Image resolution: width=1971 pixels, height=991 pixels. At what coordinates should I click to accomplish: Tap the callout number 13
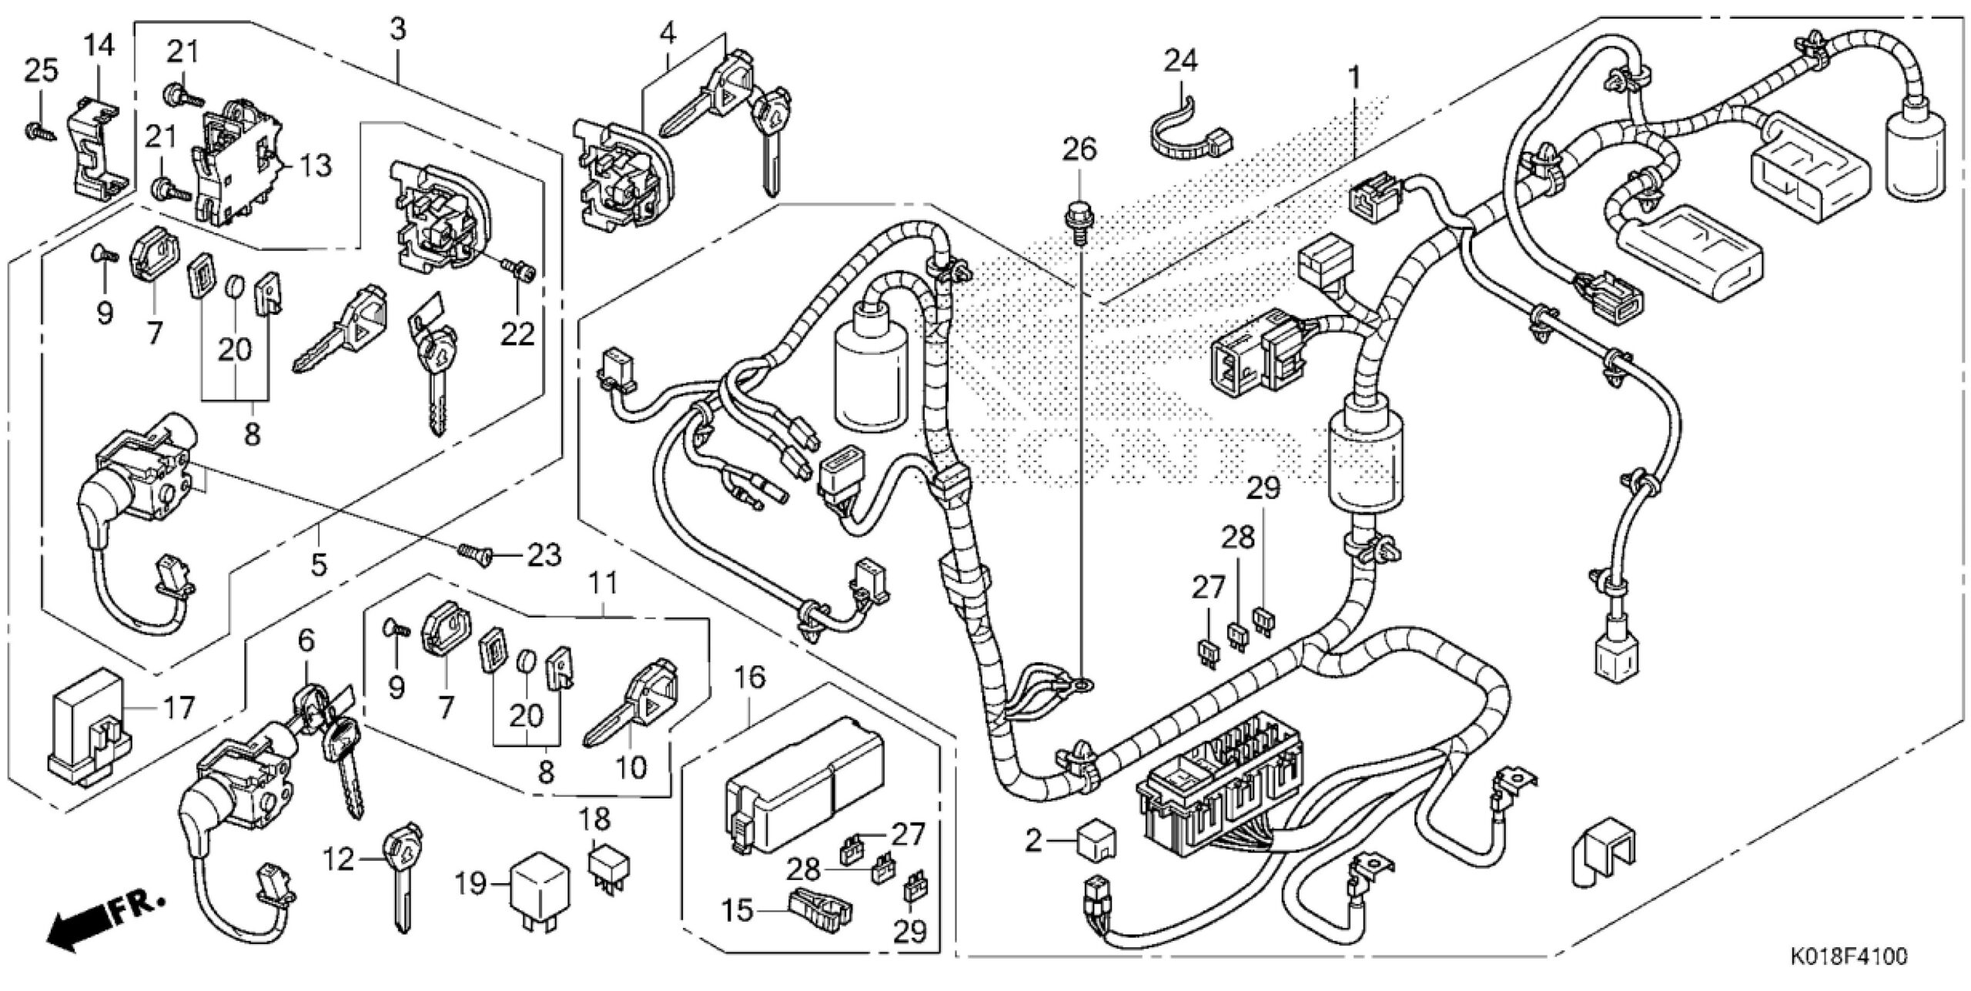pos(316,165)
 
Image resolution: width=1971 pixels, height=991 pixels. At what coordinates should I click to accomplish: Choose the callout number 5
pos(318,564)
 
